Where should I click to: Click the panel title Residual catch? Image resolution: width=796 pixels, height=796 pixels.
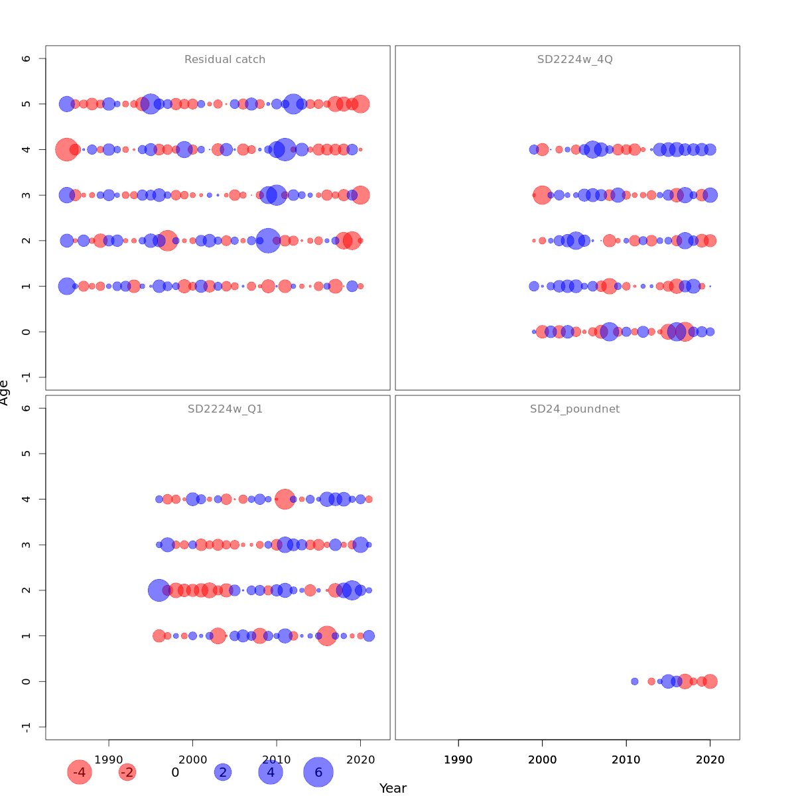point(225,60)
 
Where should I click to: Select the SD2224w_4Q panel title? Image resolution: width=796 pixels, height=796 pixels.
point(574,60)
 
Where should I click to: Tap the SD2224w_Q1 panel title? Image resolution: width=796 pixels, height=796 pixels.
point(225,409)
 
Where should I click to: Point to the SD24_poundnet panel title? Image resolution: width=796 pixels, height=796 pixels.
point(574,409)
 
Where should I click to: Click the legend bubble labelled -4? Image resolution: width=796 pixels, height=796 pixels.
point(80,772)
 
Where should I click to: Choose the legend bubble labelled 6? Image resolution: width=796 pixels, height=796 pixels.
point(318,772)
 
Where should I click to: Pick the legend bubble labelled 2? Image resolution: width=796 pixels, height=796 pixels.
point(223,772)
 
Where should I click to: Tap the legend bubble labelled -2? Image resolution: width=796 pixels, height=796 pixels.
point(127,772)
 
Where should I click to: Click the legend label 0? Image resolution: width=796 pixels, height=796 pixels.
point(175,772)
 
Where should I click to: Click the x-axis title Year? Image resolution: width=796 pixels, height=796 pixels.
point(393,788)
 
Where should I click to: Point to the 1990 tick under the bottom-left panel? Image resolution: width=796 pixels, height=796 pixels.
point(109,758)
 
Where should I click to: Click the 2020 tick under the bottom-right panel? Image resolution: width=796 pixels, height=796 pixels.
point(710,758)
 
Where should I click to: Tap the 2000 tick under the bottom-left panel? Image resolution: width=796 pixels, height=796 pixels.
point(193,758)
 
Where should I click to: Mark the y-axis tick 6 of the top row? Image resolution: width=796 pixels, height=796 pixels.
point(25,58)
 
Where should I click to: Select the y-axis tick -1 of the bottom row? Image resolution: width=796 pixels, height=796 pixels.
point(25,727)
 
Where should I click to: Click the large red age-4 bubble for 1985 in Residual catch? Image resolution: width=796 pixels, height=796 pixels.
point(66,150)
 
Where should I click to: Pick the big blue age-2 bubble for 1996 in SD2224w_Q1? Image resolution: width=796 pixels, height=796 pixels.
point(159,590)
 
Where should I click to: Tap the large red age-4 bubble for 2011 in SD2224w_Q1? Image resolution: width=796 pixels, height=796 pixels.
point(285,499)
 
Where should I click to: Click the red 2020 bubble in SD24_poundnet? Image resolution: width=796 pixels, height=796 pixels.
point(710,681)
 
